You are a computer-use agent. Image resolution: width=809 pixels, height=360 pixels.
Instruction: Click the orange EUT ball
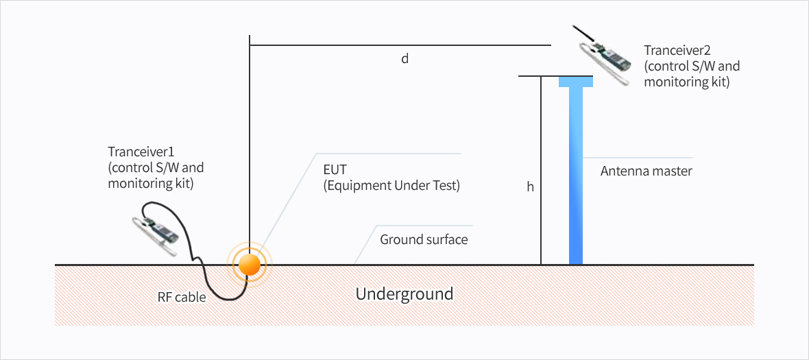[x=250, y=265]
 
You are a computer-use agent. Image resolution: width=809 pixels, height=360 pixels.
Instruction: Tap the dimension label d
[x=405, y=59]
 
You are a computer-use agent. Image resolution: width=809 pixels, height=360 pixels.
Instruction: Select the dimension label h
[x=530, y=187]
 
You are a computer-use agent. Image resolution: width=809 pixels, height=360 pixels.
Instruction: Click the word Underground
[x=404, y=294]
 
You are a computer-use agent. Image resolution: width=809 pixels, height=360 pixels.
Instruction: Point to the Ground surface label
[x=424, y=240]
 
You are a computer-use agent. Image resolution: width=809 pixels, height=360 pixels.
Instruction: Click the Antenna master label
[x=646, y=171]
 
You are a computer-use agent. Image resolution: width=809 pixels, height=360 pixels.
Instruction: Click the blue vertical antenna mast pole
[x=576, y=176]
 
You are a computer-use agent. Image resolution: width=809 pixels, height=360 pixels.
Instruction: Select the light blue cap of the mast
[x=576, y=82]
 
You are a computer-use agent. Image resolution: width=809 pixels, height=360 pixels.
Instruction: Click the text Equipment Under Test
[x=391, y=187]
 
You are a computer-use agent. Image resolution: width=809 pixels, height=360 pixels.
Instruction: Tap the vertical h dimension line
[x=541, y=171]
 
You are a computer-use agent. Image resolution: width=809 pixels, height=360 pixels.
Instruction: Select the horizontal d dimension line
[x=400, y=45]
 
